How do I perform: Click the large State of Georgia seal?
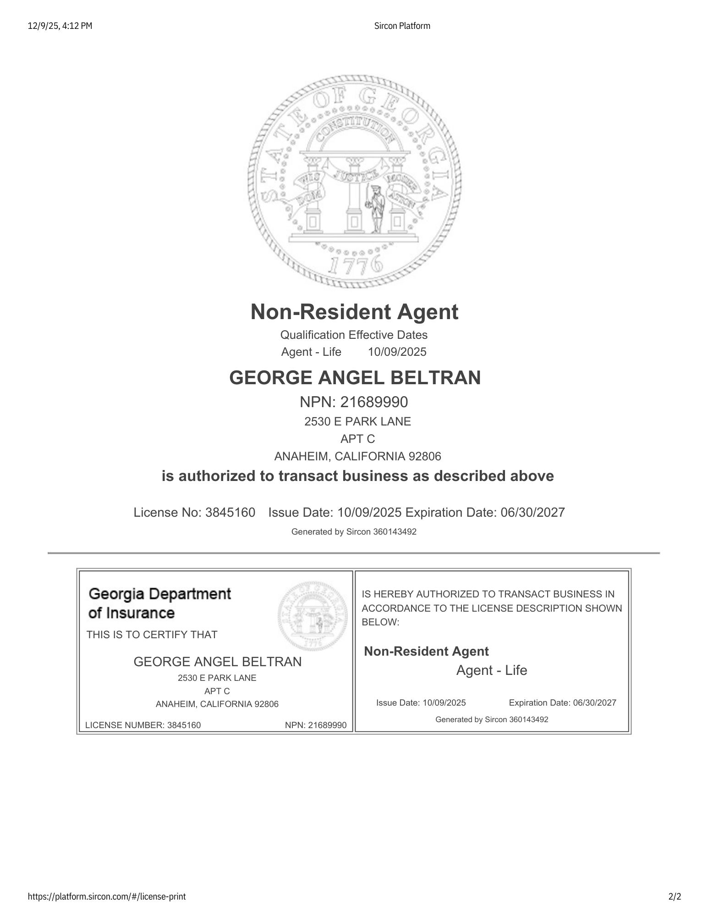click(354, 182)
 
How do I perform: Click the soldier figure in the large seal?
click(376, 209)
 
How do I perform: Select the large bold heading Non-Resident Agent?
click(354, 312)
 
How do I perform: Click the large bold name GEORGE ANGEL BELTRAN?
click(355, 378)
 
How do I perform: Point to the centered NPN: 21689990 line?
click(354, 402)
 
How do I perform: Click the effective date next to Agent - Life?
click(397, 352)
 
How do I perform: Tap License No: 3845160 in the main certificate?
click(194, 512)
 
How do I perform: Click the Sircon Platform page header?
click(402, 26)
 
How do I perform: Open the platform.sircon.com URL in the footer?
click(107, 896)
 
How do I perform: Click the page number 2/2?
click(675, 896)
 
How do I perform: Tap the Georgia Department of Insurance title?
click(159, 603)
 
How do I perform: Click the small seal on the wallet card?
click(313, 615)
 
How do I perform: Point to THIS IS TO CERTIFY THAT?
click(152, 635)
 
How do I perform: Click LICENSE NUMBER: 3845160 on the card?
click(143, 725)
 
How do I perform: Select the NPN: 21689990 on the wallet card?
click(316, 725)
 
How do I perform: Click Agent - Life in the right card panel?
click(492, 670)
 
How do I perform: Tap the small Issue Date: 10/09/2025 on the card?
click(421, 702)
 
